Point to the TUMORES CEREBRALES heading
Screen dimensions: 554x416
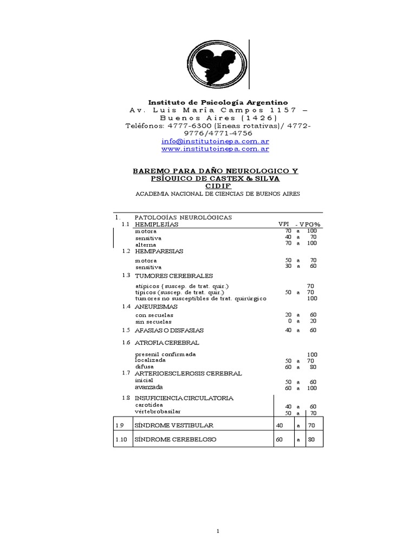click(174, 276)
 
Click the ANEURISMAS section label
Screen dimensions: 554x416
click(156, 306)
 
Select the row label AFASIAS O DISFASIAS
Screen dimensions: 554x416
click(170, 330)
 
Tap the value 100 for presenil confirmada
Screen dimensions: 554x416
click(312, 354)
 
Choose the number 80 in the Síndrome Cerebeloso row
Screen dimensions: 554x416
click(311, 439)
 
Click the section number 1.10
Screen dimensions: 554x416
click(121, 439)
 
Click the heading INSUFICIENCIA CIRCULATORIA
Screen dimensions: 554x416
click(184, 398)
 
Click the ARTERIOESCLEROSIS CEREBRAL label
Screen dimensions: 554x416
click(188, 373)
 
